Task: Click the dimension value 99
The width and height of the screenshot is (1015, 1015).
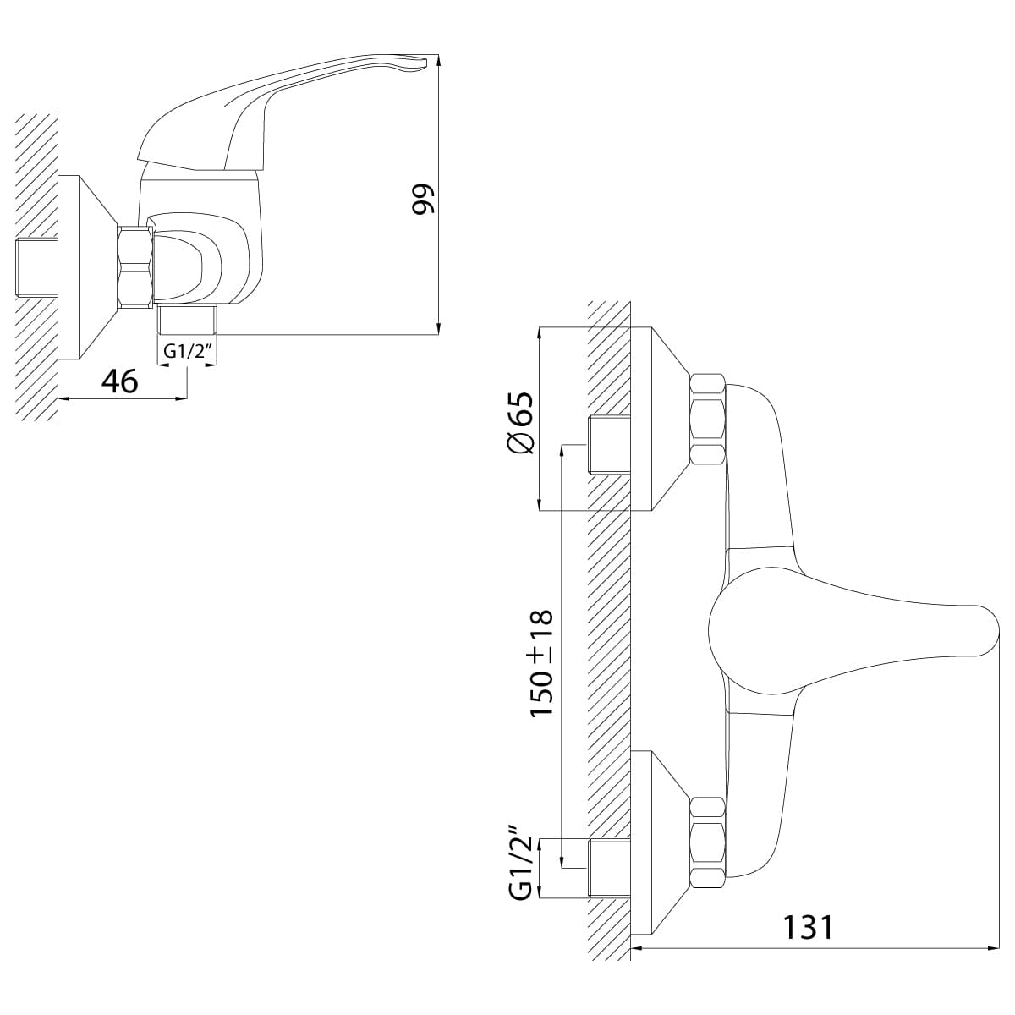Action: [423, 198]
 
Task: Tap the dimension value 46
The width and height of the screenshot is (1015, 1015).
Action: [120, 381]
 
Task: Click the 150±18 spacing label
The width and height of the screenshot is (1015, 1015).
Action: [542, 662]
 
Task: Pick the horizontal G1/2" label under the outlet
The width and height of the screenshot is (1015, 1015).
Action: [187, 350]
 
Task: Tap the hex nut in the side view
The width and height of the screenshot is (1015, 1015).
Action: [135, 266]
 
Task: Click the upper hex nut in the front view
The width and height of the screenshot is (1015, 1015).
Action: [708, 420]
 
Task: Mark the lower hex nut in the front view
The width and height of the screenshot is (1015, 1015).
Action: [708, 842]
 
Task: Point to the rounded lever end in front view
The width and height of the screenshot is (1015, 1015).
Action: [984, 630]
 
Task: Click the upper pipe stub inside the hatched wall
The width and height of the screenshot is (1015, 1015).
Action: [608, 443]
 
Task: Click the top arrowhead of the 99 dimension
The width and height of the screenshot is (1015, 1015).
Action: [439, 59]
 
